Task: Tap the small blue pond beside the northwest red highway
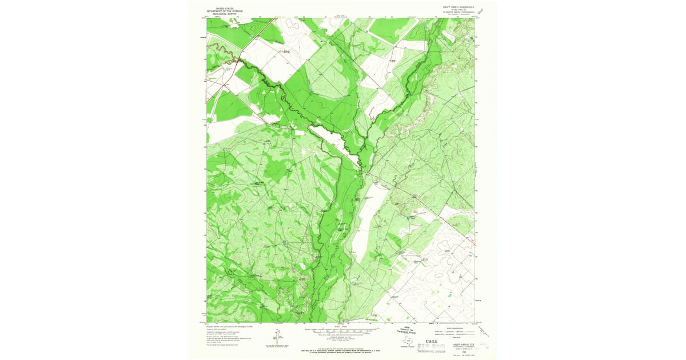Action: point(250,38)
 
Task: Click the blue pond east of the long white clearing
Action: point(409,218)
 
